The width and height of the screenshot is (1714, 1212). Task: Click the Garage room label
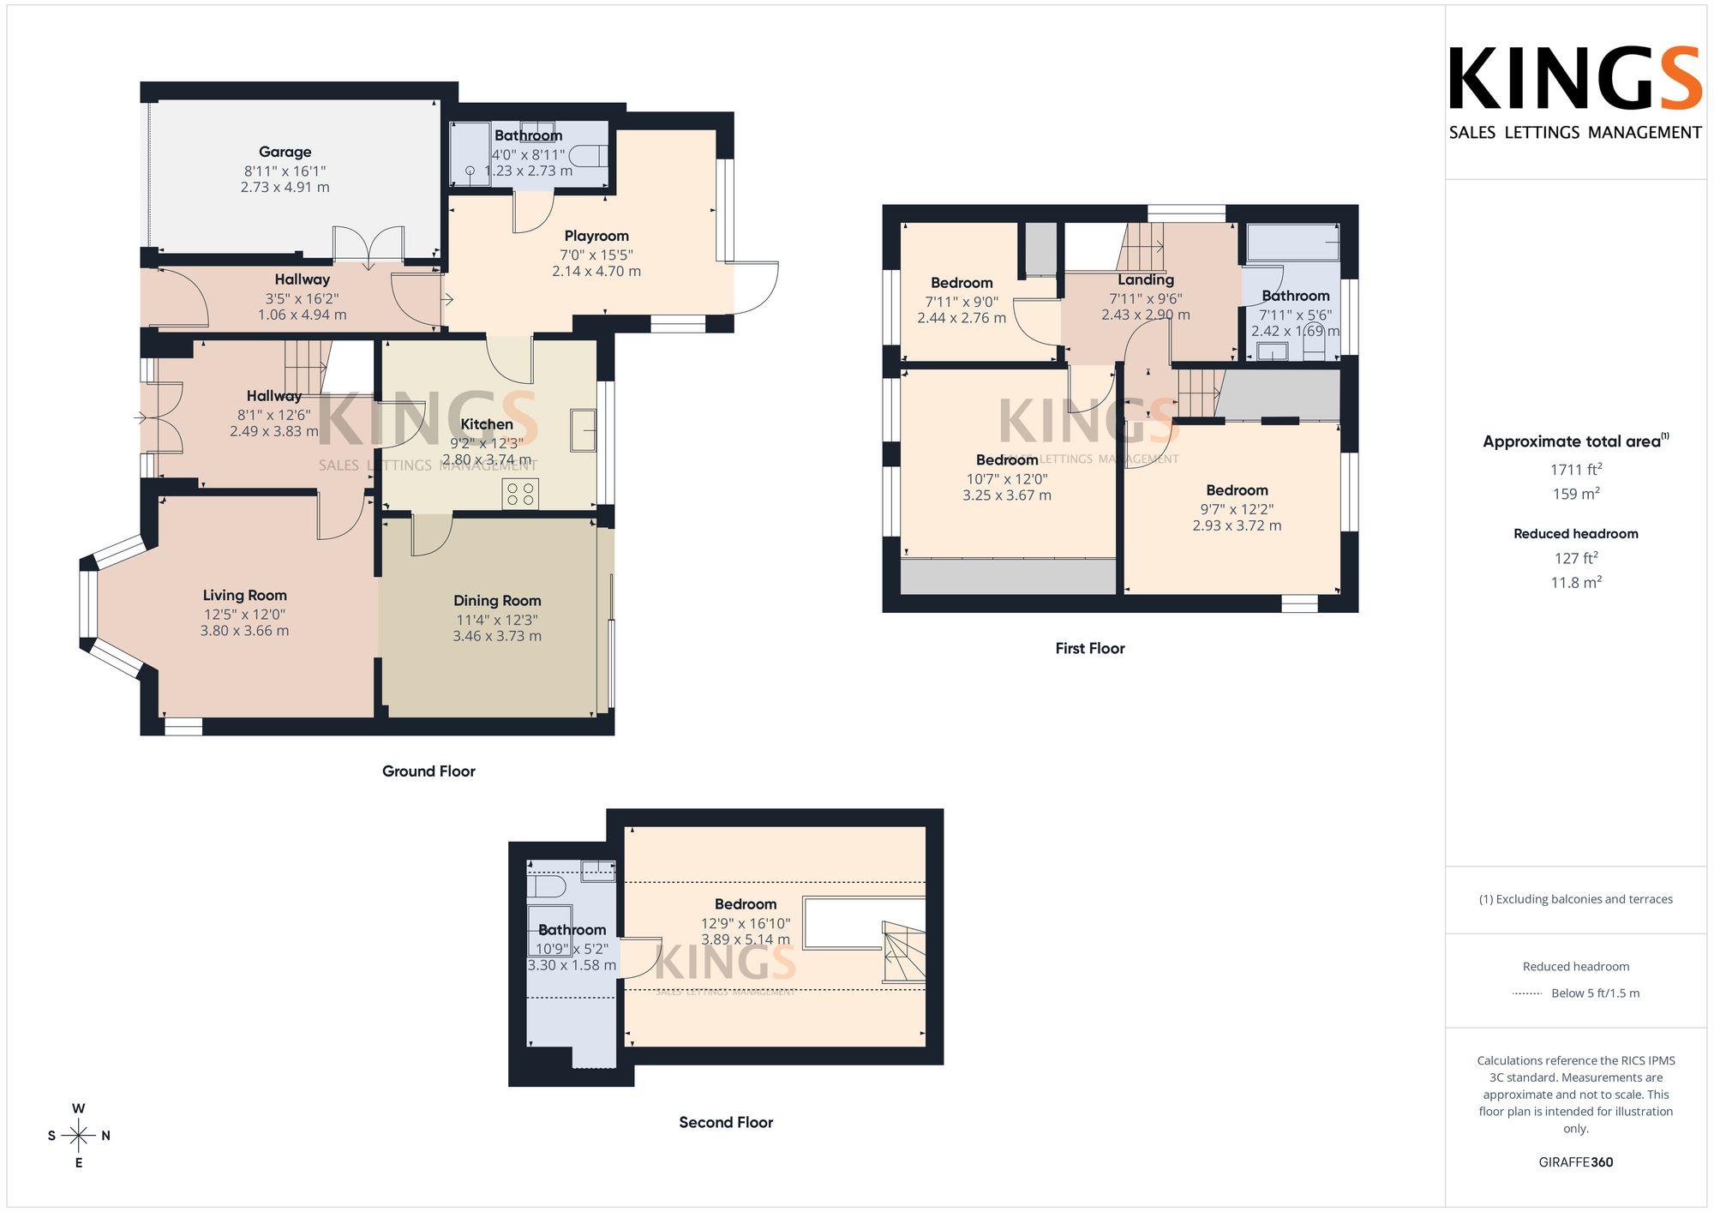[285, 152]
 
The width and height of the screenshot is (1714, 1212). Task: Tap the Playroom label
[596, 236]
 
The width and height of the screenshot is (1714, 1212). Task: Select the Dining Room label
[497, 601]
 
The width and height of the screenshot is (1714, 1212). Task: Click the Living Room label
[244, 595]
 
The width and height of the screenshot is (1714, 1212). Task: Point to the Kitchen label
[487, 424]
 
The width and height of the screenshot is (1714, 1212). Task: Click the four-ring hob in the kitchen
[520, 494]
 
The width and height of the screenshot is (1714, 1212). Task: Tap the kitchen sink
[584, 429]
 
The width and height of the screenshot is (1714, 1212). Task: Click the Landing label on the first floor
[1146, 280]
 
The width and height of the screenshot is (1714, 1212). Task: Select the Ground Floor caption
[428, 771]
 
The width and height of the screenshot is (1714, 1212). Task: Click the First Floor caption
[1090, 649]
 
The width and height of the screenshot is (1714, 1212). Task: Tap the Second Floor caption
[726, 1123]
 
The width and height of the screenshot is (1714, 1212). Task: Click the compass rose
[79, 1136]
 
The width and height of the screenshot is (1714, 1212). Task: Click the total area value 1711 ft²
[1576, 469]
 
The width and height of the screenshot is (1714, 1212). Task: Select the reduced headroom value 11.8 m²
[1576, 582]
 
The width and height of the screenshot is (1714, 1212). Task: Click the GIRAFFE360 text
[1576, 1162]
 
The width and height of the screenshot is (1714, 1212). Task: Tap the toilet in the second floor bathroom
[547, 885]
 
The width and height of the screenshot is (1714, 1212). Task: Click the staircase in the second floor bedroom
[904, 952]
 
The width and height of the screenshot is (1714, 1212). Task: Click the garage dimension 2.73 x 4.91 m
[285, 187]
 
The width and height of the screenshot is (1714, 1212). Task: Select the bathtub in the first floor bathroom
[1293, 242]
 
